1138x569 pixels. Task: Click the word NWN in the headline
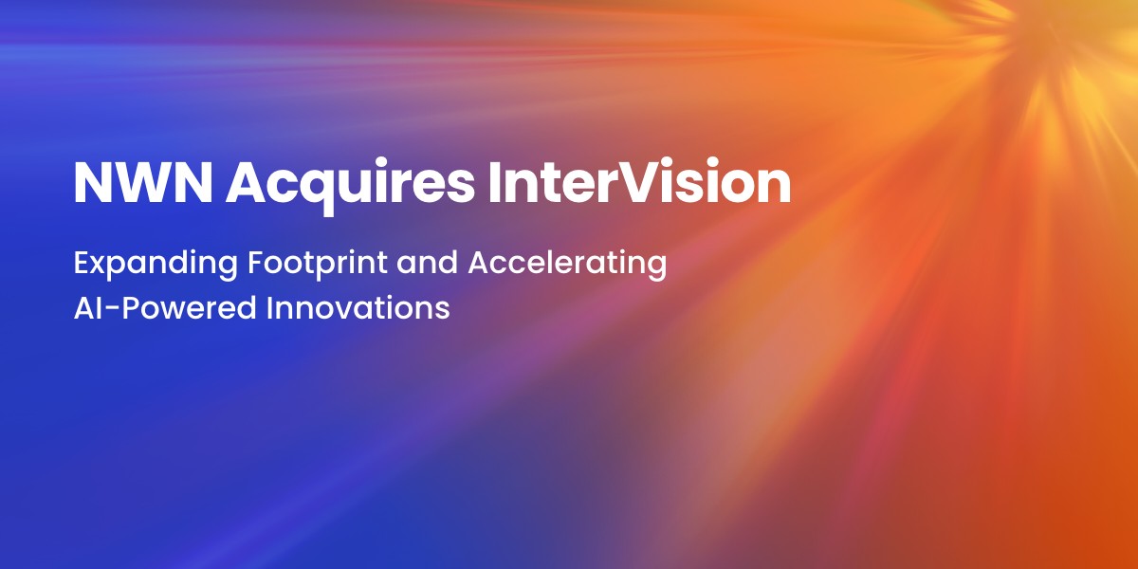click(143, 183)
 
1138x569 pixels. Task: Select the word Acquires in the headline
click(351, 187)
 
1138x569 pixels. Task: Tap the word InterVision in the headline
click(639, 181)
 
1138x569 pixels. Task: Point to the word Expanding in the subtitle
click(156, 265)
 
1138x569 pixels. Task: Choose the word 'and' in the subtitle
click(428, 263)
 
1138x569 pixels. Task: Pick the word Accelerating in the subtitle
click(567, 265)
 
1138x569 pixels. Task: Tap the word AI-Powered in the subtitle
click(165, 308)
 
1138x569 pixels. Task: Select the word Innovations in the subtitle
click(358, 307)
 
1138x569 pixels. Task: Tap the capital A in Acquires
click(248, 183)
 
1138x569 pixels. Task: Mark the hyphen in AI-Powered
click(113, 310)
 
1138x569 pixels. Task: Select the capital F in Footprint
click(257, 263)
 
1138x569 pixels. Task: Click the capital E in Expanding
click(82, 263)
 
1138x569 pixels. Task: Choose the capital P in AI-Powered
click(130, 308)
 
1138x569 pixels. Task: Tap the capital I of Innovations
click(269, 308)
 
